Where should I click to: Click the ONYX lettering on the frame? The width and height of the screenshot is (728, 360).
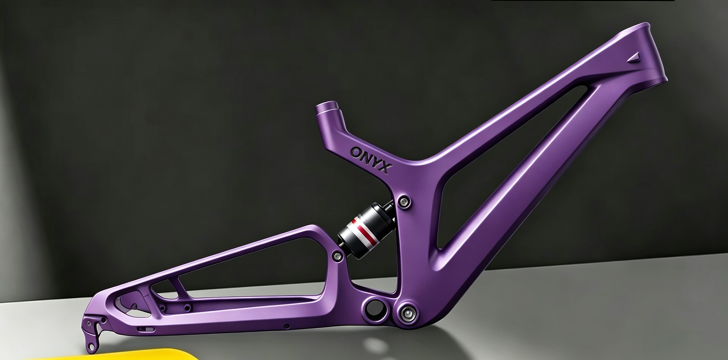pyautogui.click(x=371, y=160)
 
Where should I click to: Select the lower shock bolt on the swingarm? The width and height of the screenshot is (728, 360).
pyautogui.click(x=337, y=256)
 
